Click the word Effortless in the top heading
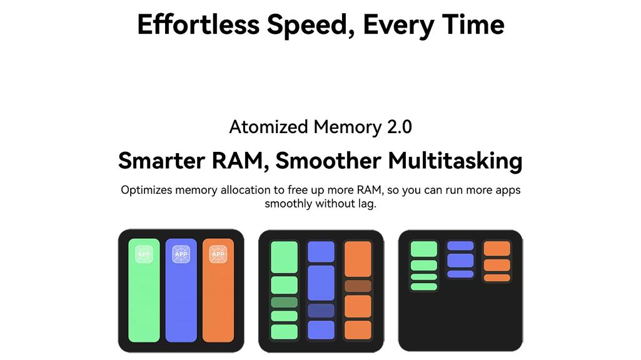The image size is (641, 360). (198, 24)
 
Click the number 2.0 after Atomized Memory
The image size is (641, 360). (400, 127)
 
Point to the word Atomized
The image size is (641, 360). (268, 127)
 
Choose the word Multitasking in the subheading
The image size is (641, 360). (455, 161)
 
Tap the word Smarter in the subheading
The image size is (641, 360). (161, 160)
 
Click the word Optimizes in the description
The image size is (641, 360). (146, 190)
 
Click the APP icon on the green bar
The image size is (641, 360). (144, 254)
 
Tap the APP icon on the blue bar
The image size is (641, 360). (181, 254)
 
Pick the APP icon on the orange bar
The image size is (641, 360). (218, 254)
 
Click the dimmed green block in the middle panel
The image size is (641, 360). (284, 302)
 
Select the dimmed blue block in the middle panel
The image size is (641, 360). (321, 311)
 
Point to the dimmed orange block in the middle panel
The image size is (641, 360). (358, 286)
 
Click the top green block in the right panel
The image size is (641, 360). (424, 249)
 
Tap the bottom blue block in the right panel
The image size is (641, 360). (460, 274)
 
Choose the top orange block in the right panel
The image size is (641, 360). (497, 249)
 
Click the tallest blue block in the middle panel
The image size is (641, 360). (321, 282)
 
